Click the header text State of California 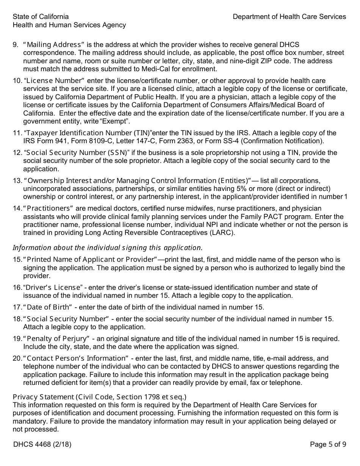(x=41, y=17)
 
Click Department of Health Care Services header (x=289, y=17)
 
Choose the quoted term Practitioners (x=50, y=209)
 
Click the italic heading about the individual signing (x=108, y=248)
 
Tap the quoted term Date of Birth (x=49, y=307)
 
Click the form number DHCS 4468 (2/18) (x=42, y=444)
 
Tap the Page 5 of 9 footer (x=328, y=444)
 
